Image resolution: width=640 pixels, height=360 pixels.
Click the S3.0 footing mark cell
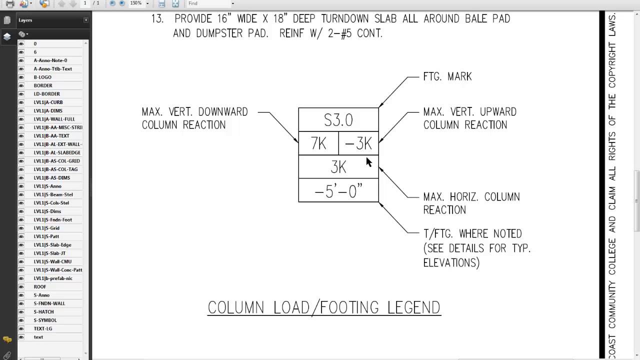coord(338,120)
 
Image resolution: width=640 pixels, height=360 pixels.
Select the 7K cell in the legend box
coord(318,144)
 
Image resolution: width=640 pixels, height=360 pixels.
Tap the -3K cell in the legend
coord(358,144)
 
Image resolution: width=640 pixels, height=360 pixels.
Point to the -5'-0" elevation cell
coord(338,190)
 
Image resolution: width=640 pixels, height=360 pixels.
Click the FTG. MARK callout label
coord(447,77)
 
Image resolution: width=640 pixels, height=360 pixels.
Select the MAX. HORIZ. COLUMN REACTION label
coord(471,203)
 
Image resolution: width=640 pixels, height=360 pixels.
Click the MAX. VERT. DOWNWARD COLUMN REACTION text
coord(194,118)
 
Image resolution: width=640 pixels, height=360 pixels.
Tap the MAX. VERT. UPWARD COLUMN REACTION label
coord(469,118)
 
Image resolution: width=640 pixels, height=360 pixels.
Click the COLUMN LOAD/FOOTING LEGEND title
coord(324,307)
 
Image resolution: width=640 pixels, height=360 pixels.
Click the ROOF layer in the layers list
coord(40,286)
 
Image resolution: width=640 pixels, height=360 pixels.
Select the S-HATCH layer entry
coord(43,311)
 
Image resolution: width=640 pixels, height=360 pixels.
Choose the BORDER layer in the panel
coord(43,85)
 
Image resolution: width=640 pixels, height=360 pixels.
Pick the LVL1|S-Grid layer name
coord(46,228)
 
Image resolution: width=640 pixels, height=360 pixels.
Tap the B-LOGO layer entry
coord(42,77)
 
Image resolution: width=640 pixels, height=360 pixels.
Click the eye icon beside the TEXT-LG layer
coord(21,328)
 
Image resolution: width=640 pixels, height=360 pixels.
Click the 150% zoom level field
coord(136,3)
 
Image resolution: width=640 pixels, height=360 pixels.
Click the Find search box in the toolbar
coord(210,3)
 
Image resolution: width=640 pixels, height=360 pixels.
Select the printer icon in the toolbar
coord(9,4)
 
